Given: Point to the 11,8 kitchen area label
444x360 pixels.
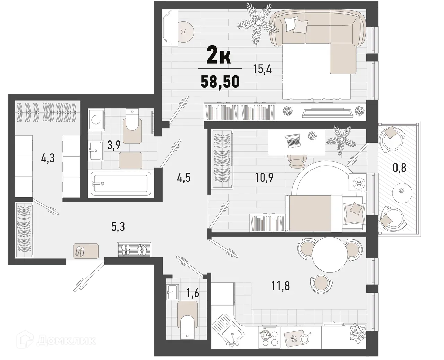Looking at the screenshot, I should [280, 286].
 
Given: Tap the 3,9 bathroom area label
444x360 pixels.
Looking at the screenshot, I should [113, 145].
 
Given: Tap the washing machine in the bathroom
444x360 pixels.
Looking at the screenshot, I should [96, 119].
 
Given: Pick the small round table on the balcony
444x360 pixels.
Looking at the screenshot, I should [402, 191].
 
